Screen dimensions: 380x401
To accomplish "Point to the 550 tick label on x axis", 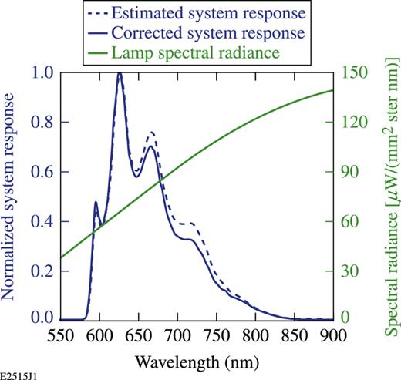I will click(59, 333).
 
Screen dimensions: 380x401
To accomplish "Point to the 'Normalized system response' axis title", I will click(13, 195).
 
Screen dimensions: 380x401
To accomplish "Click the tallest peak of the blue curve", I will click(120, 74).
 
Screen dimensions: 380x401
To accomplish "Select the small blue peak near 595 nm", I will click(96, 202).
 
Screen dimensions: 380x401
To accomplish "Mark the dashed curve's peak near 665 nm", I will click(150, 133).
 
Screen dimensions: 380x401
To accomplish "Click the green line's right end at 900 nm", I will click(334, 90).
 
